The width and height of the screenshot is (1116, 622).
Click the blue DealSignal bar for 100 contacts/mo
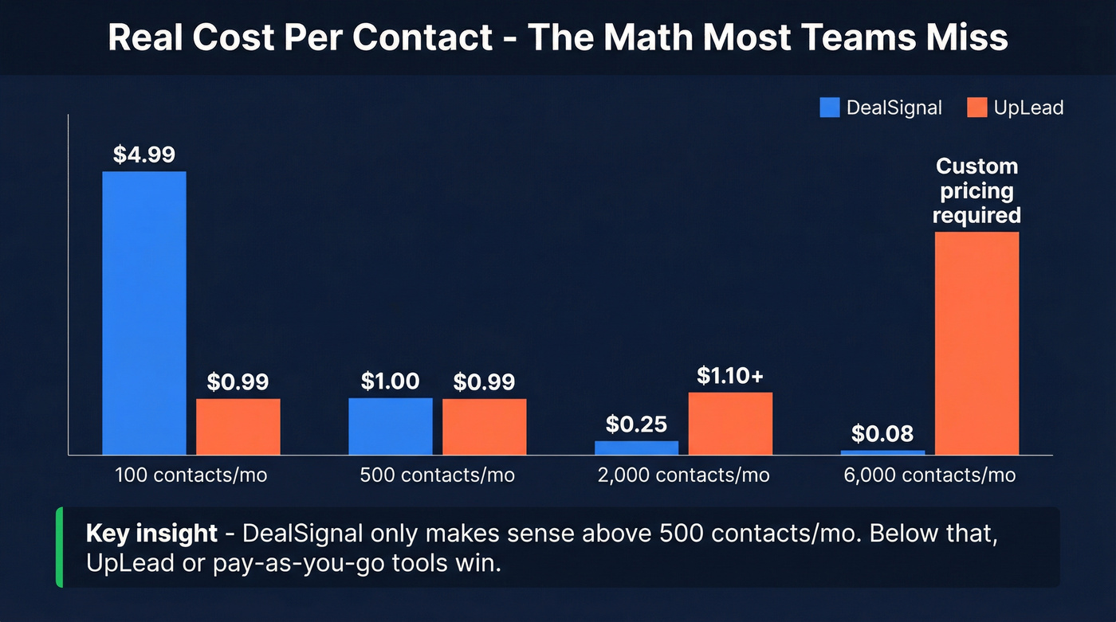[144, 313]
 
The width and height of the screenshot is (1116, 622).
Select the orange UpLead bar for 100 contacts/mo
[238, 427]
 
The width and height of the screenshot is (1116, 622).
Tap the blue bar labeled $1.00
[391, 426]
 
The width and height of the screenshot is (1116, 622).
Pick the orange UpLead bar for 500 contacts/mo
[485, 427]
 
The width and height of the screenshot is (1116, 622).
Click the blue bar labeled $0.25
[636, 448]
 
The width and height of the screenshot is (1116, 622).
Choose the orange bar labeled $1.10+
[730, 424]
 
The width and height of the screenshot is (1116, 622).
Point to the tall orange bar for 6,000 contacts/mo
[976, 343]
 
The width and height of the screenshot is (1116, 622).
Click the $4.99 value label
[144, 155]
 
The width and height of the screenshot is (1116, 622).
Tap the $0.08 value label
[882, 434]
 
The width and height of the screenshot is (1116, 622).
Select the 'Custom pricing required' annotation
[976, 191]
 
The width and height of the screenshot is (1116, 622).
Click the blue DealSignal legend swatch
[830, 108]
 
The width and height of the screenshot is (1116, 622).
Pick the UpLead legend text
[1028, 108]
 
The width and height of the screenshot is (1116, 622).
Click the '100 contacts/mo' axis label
[191, 475]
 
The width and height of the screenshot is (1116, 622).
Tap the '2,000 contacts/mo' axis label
[684, 475]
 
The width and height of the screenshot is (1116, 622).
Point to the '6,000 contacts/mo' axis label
[929, 475]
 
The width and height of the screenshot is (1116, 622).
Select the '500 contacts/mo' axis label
[438, 475]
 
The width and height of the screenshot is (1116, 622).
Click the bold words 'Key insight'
[151, 533]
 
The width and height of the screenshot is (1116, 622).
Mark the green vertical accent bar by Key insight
[59, 547]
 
